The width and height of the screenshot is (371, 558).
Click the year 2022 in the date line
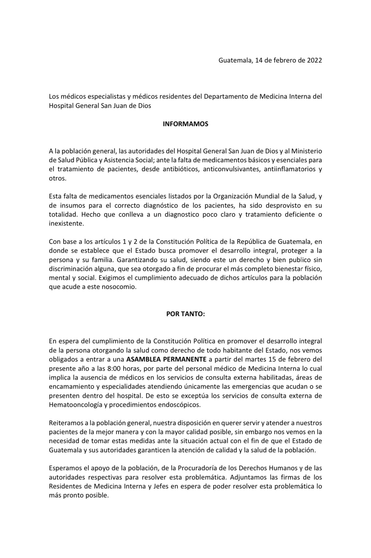[x=314, y=60]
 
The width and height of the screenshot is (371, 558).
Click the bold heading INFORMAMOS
[x=185, y=124]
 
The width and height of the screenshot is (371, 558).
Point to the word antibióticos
[x=181, y=169]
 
